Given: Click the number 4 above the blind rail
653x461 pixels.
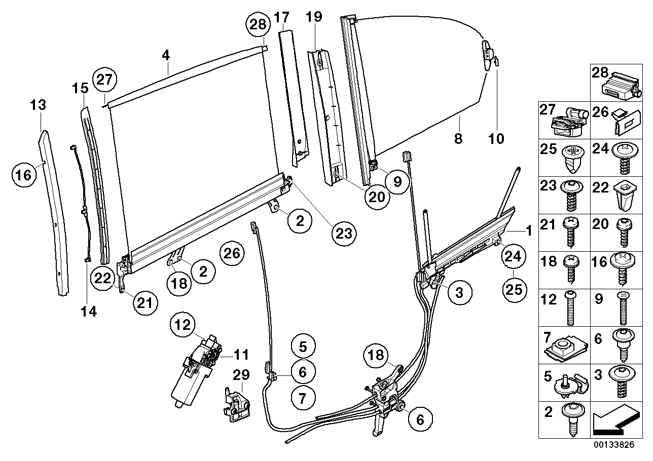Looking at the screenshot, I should (166, 56).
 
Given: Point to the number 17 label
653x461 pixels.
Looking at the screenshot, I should (282, 17).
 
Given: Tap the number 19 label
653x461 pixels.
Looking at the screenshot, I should (314, 17).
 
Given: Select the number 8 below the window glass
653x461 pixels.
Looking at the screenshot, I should (458, 138).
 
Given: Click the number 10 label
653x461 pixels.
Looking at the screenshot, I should (497, 138).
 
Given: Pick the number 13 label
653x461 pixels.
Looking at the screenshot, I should (39, 105).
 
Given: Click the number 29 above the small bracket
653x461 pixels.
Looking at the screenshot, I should (241, 375).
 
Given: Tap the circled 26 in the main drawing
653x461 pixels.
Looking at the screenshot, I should (232, 253).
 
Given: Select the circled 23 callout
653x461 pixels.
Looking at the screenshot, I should (345, 233).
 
